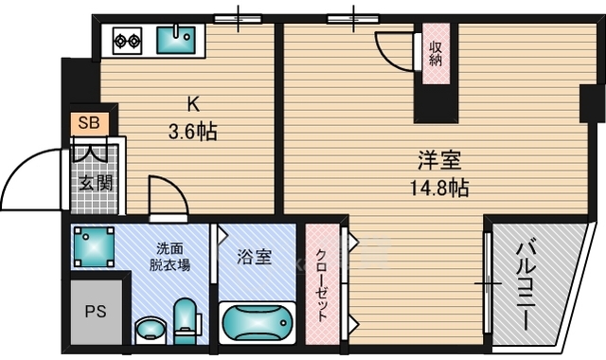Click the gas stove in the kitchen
coord(127,41)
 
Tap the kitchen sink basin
coord(176,40)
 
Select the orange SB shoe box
coord(89,123)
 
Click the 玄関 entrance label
coord(96,183)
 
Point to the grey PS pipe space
coord(97,312)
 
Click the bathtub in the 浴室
coord(257,323)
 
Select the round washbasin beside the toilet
coord(151,331)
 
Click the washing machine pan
coord(95,247)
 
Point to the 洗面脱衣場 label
coord(170,257)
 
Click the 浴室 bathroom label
coord(255,257)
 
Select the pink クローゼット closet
coord(322,284)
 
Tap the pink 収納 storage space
coord(436,54)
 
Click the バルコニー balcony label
coord(526,285)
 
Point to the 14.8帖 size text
coord(439,189)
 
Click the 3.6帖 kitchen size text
coord(192,131)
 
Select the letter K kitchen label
coord(193,104)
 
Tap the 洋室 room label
coord(439,160)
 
